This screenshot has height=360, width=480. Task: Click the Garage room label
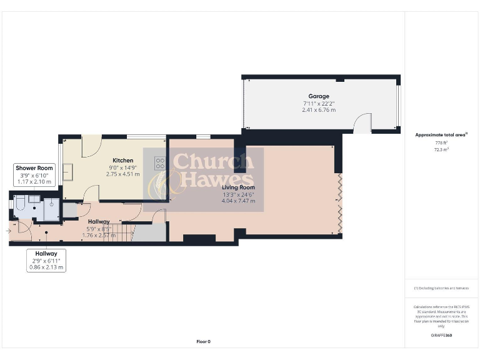[319, 96]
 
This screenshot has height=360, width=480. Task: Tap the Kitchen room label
[123, 161]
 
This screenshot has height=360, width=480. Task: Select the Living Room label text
[239, 187]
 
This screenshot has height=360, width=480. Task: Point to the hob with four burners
[160, 164]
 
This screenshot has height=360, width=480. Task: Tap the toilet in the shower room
[19, 203]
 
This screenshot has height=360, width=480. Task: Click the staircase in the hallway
[125, 234]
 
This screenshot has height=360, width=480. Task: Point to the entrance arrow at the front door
[7, 231]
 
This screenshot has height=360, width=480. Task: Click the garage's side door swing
[362, 123]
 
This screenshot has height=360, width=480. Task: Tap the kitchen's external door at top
[91, 145]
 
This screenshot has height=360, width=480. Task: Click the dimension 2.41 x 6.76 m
[319, 110]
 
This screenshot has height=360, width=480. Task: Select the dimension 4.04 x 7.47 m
[239, 201]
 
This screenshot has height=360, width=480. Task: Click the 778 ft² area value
[441, 143]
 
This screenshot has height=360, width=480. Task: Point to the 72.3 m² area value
[441, 150]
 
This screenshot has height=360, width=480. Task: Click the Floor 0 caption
[204, 341]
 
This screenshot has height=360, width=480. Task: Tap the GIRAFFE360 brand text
[441, 336]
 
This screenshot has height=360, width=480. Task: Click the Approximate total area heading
[441, 134]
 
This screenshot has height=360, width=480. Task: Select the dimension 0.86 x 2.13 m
[46, 267]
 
